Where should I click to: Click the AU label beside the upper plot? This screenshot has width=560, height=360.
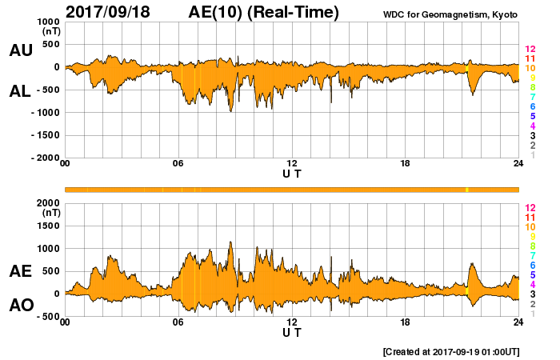tap(20, 50)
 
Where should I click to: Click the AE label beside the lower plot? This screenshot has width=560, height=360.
tap(20, 271)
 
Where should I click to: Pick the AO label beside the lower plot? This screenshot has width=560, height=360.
tap(20, 305)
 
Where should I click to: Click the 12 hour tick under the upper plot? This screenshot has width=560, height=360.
tap(292, 164)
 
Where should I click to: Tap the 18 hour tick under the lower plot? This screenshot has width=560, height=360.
tap(405, 322)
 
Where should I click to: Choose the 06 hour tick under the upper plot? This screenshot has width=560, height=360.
tap(178, 164)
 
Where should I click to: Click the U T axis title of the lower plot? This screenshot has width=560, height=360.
tap(292, 331)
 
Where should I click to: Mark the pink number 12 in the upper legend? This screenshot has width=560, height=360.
tap(530, 50)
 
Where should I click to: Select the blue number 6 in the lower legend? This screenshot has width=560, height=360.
tap(532, 265)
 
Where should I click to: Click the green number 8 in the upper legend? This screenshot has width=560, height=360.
tap(532, 88)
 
